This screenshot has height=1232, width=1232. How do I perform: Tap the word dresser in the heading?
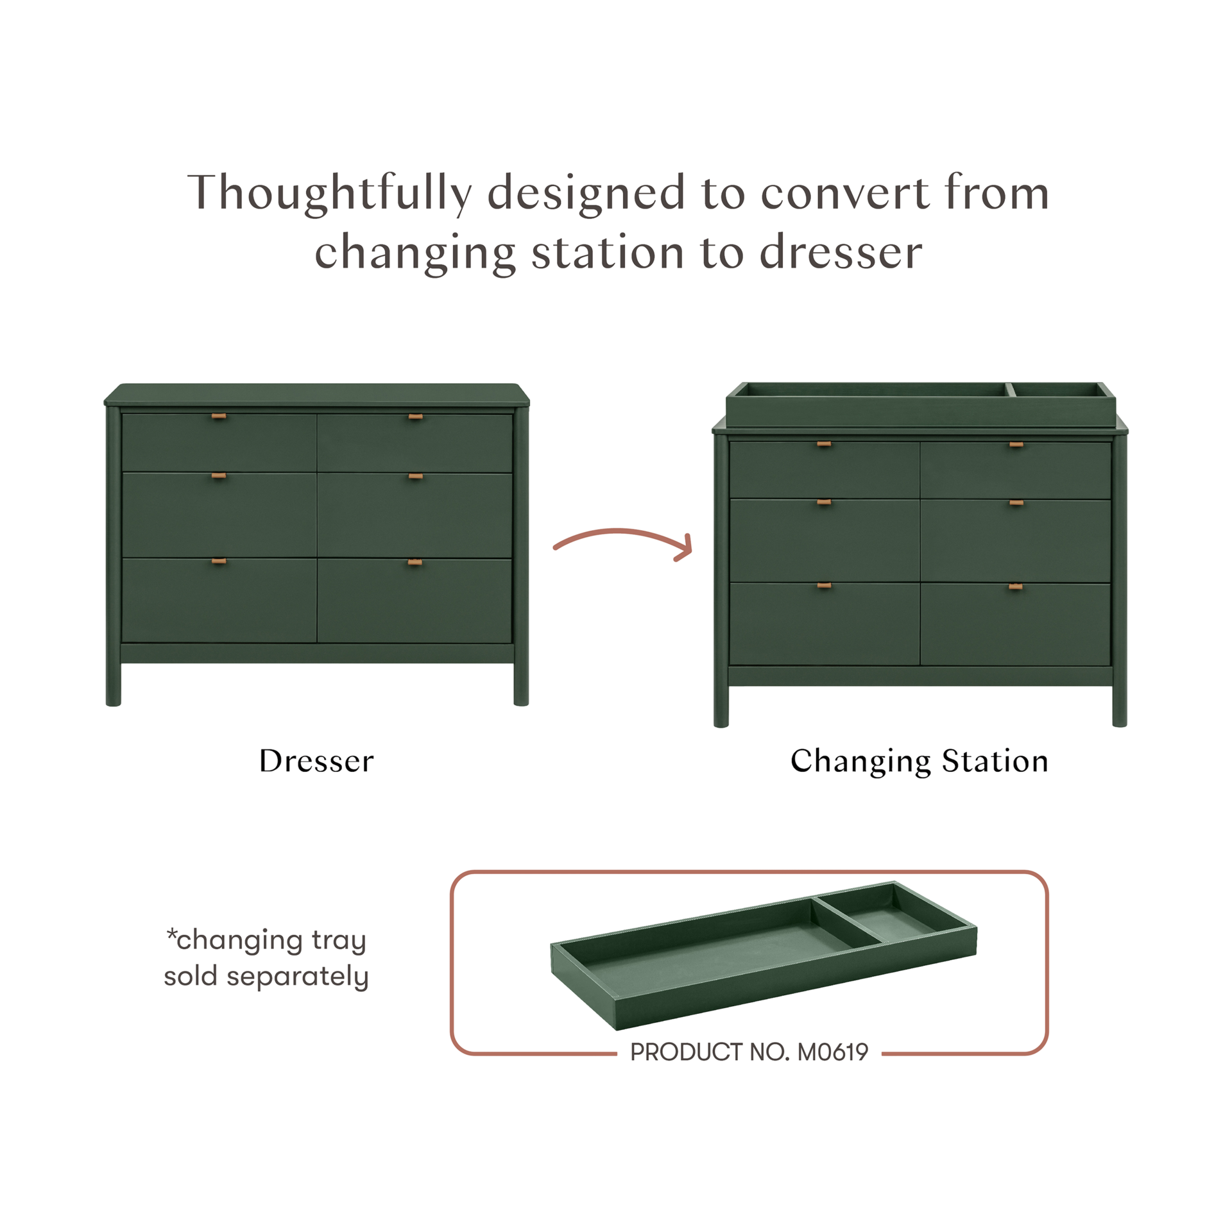pyautogui.click(x=841, y=252)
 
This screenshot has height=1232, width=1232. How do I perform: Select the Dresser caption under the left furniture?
pyautogui.click(x=316, y=761)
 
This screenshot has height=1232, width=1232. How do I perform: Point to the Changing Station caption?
pyautogui.click(x=919, y=761)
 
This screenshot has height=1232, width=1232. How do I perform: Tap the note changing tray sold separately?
pyautogui.click(x=266, y=959)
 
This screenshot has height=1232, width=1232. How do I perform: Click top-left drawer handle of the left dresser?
pyautogui.click(x=219, y=417)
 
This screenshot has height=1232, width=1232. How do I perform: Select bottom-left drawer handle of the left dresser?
pyautogui.click(x=219, y=561)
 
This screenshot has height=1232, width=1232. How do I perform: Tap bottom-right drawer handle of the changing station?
pyautogui.click(x=1015, y=586)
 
